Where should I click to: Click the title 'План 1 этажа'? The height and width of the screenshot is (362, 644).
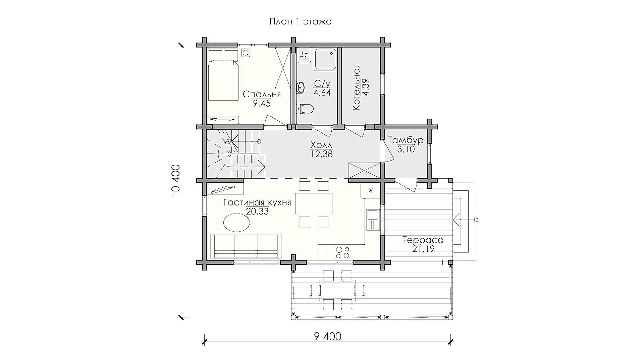tap(301, 22)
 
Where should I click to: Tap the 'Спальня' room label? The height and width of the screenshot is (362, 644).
tap(262, 94)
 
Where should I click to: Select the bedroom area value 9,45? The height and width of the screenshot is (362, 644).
tap(262, 103)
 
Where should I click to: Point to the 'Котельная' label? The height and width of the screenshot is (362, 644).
tap(356, 87)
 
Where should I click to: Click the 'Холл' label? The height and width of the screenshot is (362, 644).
tap(322, 145)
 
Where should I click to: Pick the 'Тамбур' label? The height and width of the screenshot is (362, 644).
tap(406, 140)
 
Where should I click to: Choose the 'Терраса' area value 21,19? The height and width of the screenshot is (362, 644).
tap(423, 249)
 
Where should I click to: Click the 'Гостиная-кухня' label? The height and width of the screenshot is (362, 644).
tap(257, 202)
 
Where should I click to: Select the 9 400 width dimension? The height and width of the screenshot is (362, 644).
tap(328, 336)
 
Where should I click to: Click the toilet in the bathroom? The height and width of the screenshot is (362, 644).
tap(305, 109)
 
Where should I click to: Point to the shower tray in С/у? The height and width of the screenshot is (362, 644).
tap(325, 59)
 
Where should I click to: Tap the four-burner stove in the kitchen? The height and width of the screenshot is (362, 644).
tap(342, 252)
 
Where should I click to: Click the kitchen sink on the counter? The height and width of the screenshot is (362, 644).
tap(373, 220)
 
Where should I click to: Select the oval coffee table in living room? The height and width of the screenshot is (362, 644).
tap(236, 223)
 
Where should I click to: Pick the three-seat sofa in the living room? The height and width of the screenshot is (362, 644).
tap(246, 246)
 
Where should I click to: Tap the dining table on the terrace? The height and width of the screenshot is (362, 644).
tap(337, 289)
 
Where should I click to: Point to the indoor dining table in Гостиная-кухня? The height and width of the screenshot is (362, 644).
tap(314, 203)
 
